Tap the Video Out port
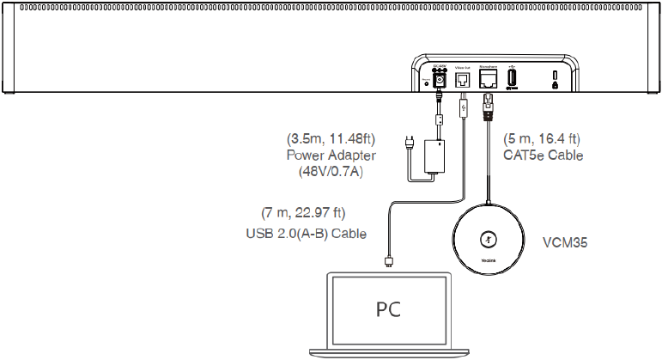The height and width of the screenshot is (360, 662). point(464,79)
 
